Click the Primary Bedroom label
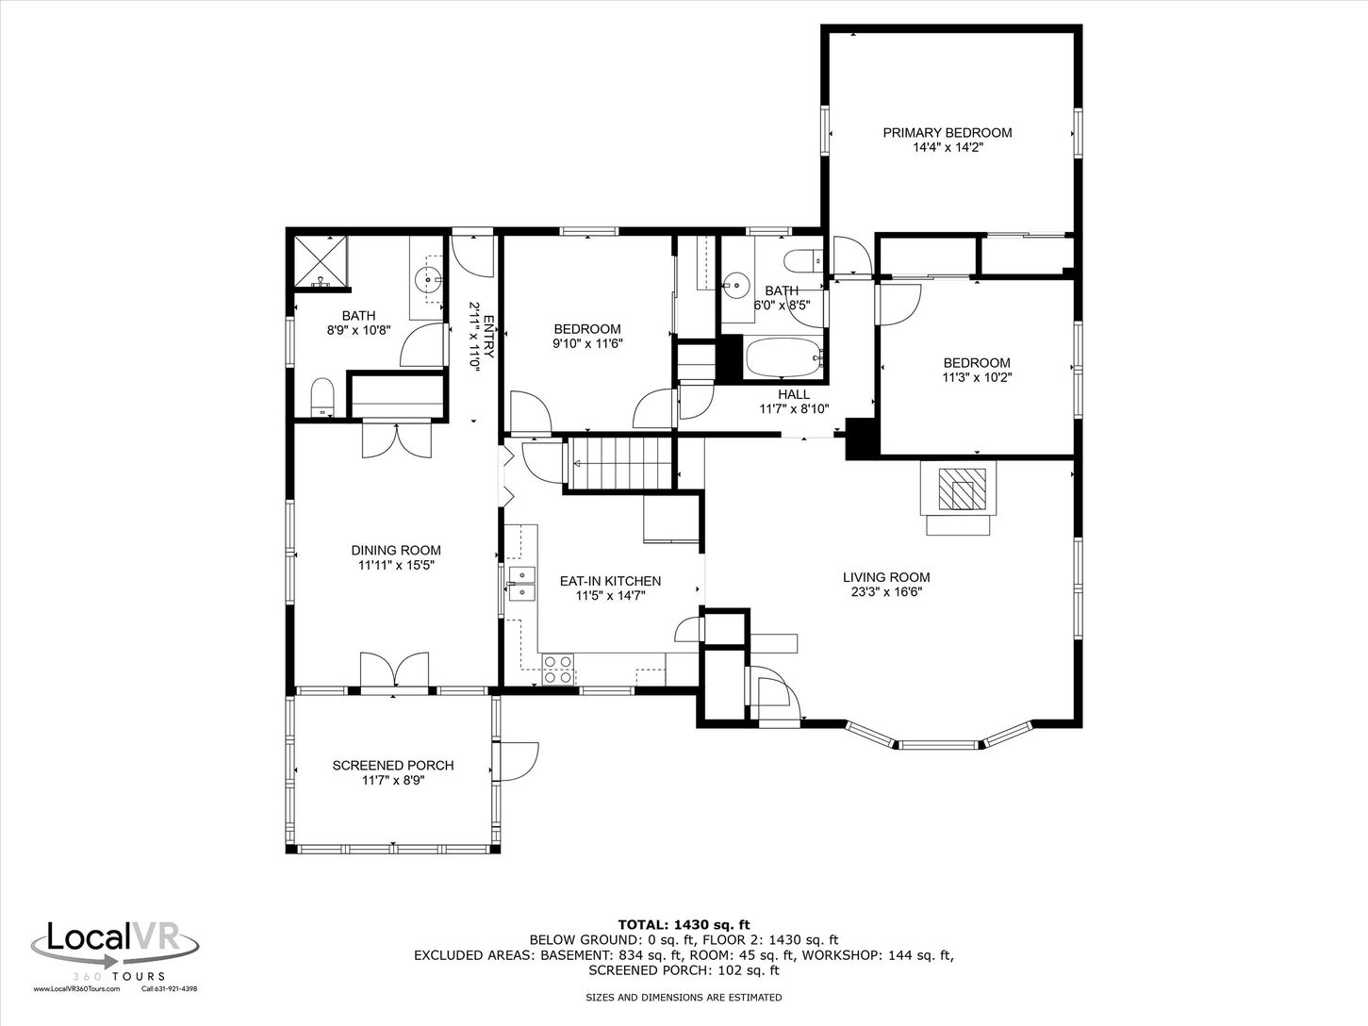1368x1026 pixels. tap(947, 133)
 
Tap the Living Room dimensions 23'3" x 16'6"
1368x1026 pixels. tap(886, 592)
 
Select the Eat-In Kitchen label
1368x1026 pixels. tap(610, 581)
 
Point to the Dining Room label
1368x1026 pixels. tap(396, 551)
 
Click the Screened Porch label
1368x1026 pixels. tap(392, 766)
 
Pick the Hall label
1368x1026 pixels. tap(794, 394)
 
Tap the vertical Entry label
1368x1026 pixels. tap(488, 337)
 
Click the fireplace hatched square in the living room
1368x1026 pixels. tap(957, 488)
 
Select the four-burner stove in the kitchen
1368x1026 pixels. tap(557, 670)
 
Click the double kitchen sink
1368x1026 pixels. tap(522, 584)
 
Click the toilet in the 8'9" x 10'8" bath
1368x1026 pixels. tap(321, 396)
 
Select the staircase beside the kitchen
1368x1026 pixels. tap(619, 463)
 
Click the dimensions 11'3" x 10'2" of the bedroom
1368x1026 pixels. tap(977, 377)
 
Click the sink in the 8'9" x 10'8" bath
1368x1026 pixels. tap(429, 279)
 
